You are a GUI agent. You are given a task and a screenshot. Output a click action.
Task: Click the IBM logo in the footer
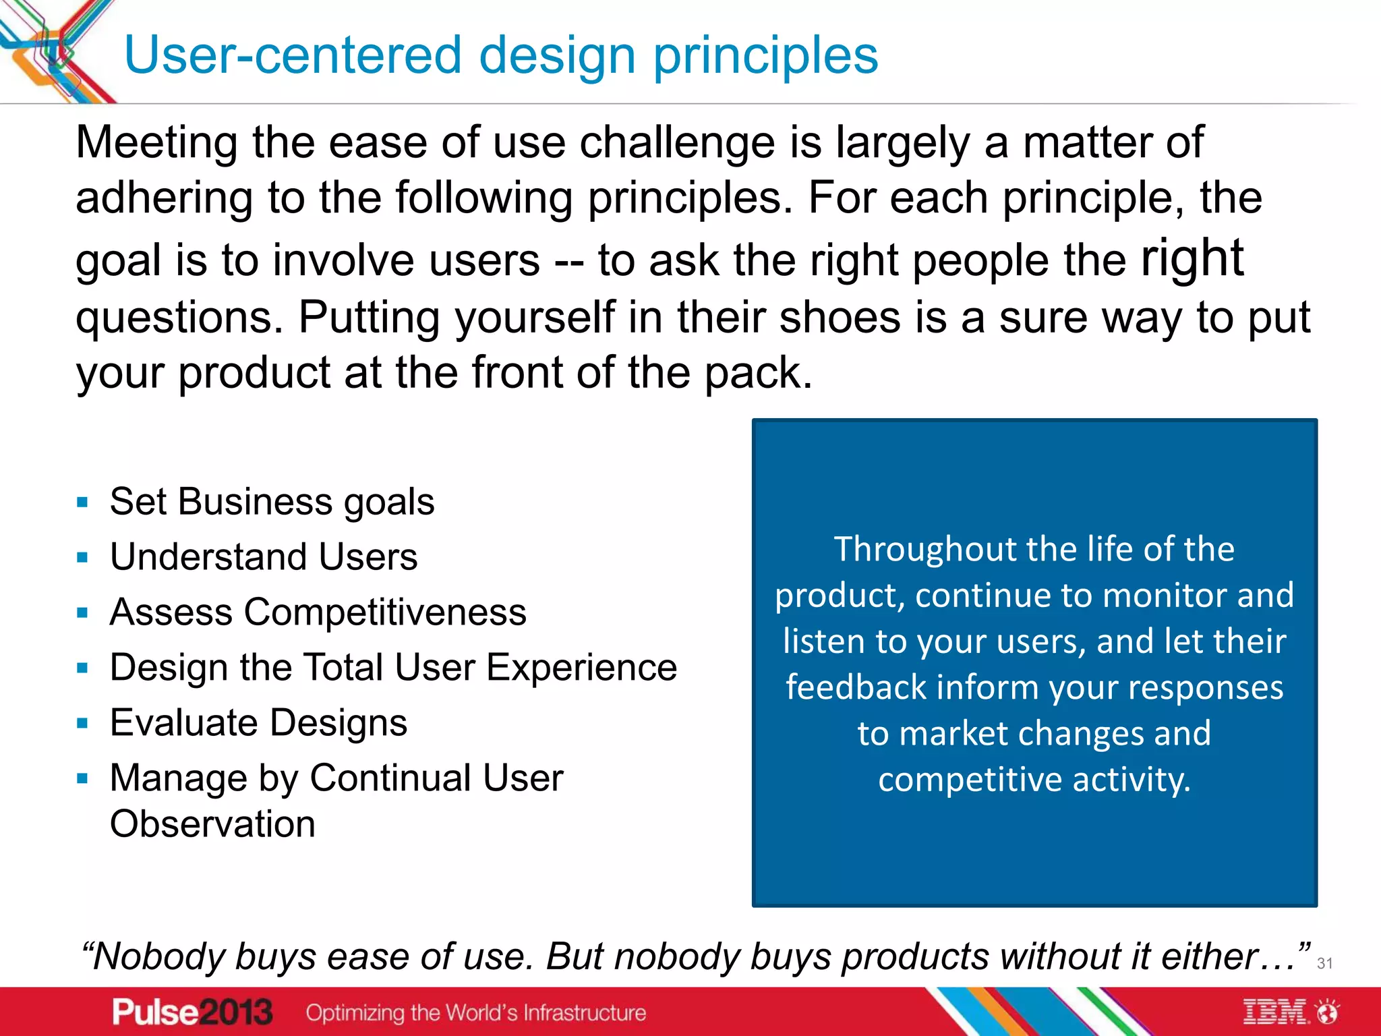(1274, 1012)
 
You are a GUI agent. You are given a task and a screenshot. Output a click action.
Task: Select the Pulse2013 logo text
(192, 1012)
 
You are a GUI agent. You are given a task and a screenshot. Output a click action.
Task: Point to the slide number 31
(1324, 963)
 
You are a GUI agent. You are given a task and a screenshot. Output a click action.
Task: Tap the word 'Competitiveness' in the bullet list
(385, 612)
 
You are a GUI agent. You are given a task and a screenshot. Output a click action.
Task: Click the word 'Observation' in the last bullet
(212, 824)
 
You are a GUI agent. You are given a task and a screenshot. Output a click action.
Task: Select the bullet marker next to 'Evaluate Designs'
(83, 724)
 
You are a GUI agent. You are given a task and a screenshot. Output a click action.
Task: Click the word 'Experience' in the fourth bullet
(581, 668)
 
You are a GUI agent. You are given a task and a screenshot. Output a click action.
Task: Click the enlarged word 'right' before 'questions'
(1192, 259)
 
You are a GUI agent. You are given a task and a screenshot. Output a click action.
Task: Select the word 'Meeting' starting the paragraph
(156, 143)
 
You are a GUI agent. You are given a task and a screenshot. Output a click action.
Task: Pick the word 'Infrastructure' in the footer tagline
(585, 1013)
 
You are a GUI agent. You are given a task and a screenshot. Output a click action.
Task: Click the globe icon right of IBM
(1328, 1012)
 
